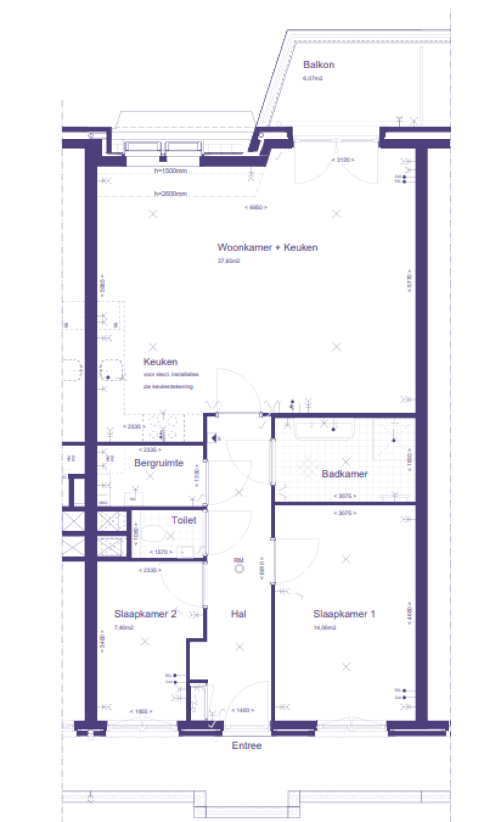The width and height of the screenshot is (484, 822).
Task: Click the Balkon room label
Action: tap(318, 64)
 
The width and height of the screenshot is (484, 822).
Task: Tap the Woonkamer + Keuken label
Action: tap(267, 247)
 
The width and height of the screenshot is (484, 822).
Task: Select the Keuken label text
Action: tap(160, 362)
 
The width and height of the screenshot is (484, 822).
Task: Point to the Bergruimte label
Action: tap(159, 463)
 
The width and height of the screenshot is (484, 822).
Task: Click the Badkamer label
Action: tap(344, 474)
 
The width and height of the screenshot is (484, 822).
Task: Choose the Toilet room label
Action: tap(184, 520)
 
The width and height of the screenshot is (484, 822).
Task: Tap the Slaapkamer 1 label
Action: tap(344, 613)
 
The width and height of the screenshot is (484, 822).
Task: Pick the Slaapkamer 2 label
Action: tap(145, 613)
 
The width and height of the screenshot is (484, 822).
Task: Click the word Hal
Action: tap(238, 613)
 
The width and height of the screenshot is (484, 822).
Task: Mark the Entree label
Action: tap(246, 746)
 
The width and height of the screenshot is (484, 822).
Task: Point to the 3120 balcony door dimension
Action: tap(343, 160)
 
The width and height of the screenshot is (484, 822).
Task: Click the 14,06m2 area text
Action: tap(325, 627)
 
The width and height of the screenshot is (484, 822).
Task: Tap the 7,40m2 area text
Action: tap(125, 627)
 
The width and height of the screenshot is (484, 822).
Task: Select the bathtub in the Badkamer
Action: tap(325, 431)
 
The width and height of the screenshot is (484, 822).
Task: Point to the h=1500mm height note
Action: tap(170, 171)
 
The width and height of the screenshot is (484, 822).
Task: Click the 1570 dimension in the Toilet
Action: tap(161, 553)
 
